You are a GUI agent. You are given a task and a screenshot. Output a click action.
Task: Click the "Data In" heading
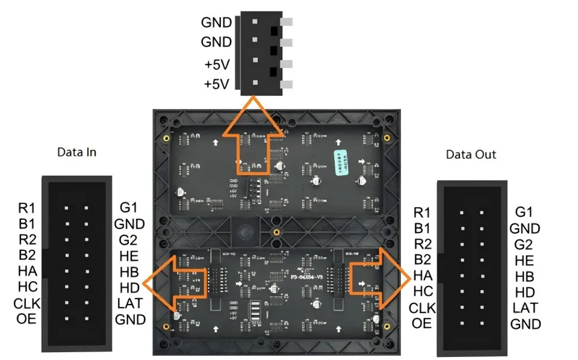click(x=76, y=152)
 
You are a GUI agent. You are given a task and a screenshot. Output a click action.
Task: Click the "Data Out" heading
click(x=471, y=155)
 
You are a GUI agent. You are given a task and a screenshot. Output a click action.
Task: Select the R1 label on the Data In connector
click(x=26, y=208)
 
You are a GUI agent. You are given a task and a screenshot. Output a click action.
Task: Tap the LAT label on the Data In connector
click(x=129, y=302)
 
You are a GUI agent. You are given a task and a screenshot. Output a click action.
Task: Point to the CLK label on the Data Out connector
click(x=421, y=308)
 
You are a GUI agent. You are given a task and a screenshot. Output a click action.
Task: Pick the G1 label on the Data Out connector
click(x=524, y=212)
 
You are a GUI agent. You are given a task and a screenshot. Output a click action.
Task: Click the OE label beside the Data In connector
click(x=26, y=318)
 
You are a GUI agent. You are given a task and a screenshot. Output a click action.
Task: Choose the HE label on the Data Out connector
click(x=524, y=261)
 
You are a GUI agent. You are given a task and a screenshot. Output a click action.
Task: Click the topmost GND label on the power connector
click(x=217, y=22)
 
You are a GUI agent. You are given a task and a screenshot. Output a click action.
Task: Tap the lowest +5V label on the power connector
click(x=217, y=84)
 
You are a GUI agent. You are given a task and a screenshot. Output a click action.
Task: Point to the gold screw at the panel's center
click(x=276, y=232)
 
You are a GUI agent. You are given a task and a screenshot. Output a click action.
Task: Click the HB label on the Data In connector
click(x=129, y=271)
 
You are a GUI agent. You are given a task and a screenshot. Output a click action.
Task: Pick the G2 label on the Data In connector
click(x=129, y=240)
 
